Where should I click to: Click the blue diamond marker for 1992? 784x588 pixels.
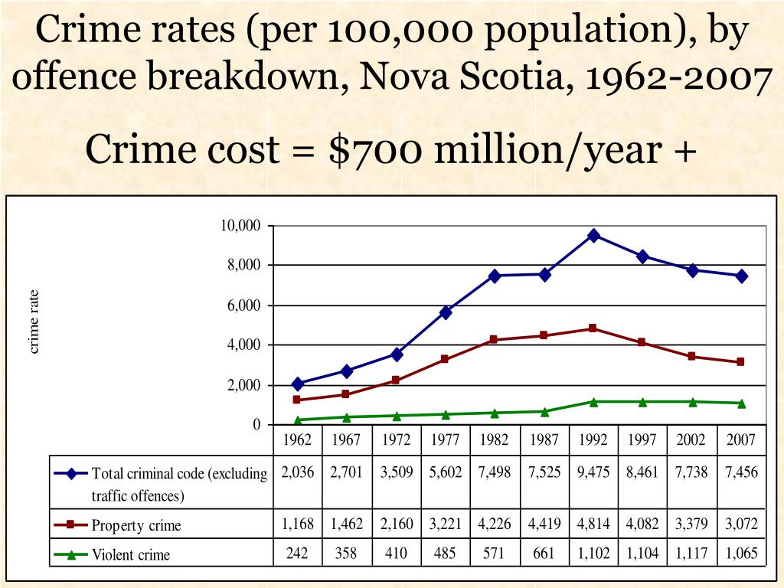tap(593, 236)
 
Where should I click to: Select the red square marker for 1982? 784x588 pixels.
tap(495, 339)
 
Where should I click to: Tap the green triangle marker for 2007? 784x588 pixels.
tap(742, 403)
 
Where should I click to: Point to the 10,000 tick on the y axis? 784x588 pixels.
tap(241, 225)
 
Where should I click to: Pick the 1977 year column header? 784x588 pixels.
tap(445, 440)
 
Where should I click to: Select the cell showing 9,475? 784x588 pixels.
tap(593, 472)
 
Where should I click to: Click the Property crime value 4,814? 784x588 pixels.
tap(593, 524)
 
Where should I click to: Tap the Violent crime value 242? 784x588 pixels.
tap(297, 554)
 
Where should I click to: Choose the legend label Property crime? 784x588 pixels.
tap(136, 526)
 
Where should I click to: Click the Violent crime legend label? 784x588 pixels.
tap(131, 554)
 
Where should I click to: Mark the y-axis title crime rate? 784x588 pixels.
tap(34, 322)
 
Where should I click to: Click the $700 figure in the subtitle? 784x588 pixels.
tap(374, 150)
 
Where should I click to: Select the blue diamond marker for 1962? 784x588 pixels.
tap(297, 384)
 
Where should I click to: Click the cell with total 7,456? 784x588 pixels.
tap(742, 472)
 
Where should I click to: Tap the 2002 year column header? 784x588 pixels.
tap(691, 440)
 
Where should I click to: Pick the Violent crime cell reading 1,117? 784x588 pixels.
tap(691, 554)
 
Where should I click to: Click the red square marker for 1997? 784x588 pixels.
tap(642, 342)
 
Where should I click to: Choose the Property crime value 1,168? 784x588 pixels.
tap(297, 524)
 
